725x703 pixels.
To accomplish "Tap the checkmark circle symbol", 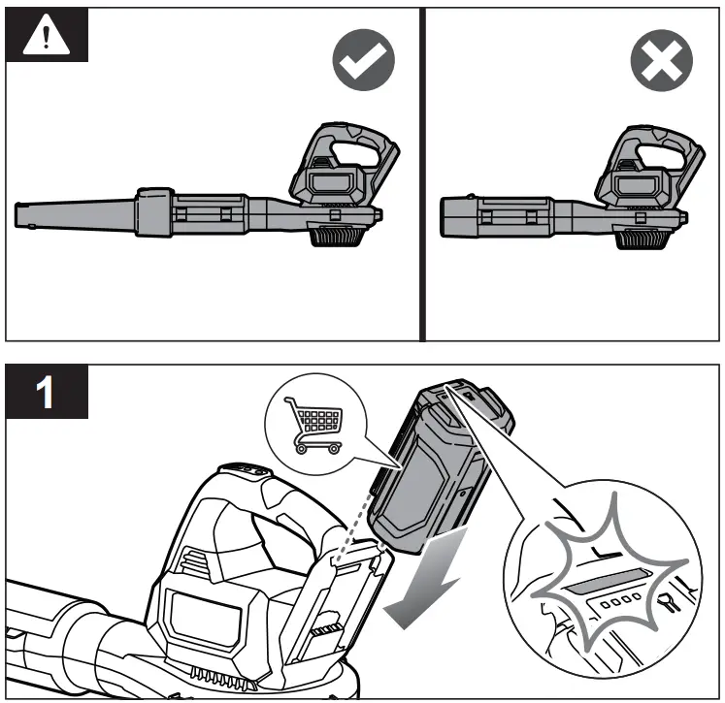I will tap(364, 63).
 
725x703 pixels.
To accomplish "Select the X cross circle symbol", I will tap(662, 63).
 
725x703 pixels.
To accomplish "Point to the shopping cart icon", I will tap(313, 426).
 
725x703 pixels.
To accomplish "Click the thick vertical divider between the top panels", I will tap(423, 175).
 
